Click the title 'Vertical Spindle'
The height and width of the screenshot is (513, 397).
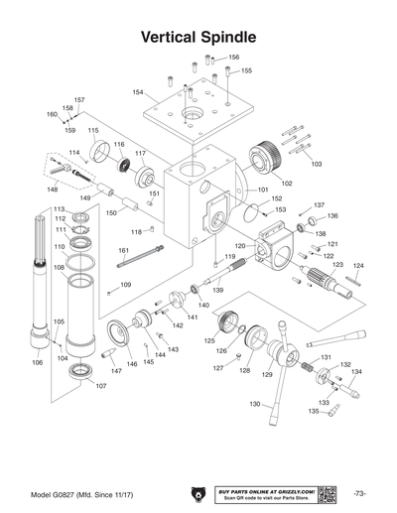198,36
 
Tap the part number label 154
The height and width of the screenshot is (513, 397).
138,92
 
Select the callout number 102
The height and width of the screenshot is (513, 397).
287,183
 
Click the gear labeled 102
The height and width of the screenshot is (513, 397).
267,159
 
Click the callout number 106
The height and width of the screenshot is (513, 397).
37,363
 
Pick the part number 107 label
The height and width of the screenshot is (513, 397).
99,386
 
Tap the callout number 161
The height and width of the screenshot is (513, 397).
123,250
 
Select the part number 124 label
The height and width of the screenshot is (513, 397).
359,266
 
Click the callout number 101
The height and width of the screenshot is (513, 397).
263,190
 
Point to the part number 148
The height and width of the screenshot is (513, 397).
53,189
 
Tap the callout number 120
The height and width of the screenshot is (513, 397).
239,245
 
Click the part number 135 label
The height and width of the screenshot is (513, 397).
313,411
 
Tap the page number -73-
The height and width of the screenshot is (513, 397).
359,493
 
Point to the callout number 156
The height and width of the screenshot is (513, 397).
233,58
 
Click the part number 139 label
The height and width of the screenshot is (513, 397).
217,290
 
